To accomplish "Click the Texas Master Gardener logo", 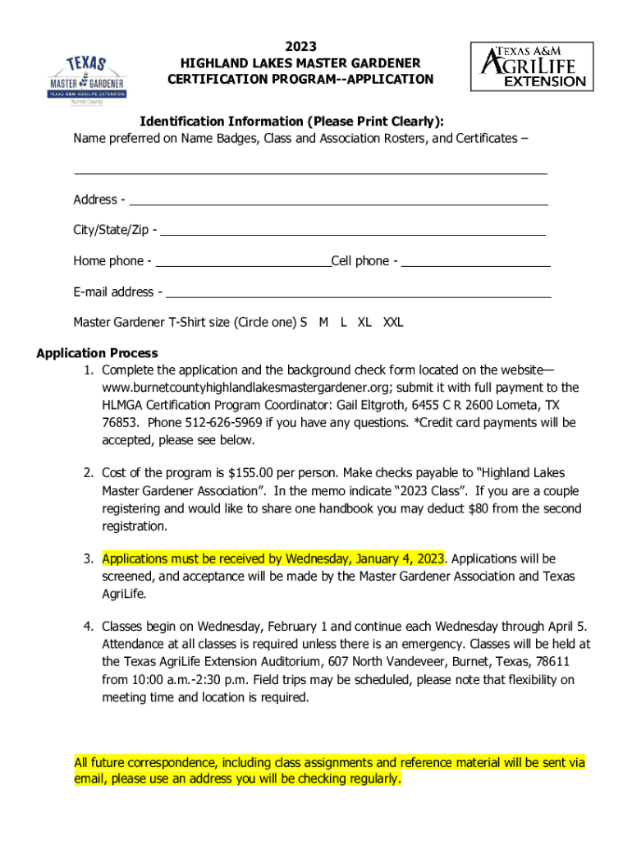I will [86, 80].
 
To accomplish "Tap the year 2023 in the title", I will [300, 47].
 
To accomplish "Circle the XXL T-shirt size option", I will [393, 323].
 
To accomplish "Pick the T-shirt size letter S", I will [304, 323].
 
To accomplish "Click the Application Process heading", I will [97, 354].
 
